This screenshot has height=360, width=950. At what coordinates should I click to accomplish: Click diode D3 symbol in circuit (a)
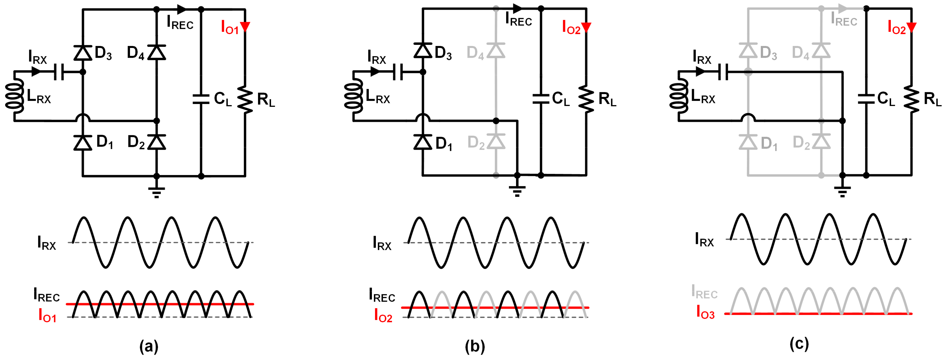pyautogui.click(x=83, y=52)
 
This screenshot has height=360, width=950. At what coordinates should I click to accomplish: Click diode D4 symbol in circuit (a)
pyautogui.click(x=157, y=52)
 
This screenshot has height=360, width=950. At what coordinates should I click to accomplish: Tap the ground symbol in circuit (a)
pyautogui.click(x=157, y=192)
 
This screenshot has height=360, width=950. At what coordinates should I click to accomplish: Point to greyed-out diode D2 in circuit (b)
pyautogui.click(x=496, y=142)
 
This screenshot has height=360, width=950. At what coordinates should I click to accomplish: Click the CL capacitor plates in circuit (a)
pyautogui.click(x=201, y=99)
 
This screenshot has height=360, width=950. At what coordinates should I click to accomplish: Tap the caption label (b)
pyautogui.click(x=475, y=347)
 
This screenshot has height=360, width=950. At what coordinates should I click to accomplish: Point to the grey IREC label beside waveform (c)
pyautogui.click(x=704, y=292)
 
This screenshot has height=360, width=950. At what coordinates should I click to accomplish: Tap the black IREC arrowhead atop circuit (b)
pyautogui.click(x=518, y=8)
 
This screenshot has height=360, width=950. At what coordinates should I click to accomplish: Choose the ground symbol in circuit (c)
pyautogui.click(x=842, y=191)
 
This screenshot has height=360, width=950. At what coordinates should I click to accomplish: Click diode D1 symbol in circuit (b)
pyautogui.click(x=423, y=142)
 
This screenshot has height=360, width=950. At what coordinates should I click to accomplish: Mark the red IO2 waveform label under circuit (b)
pyautogui.click(x=383, y=316)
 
